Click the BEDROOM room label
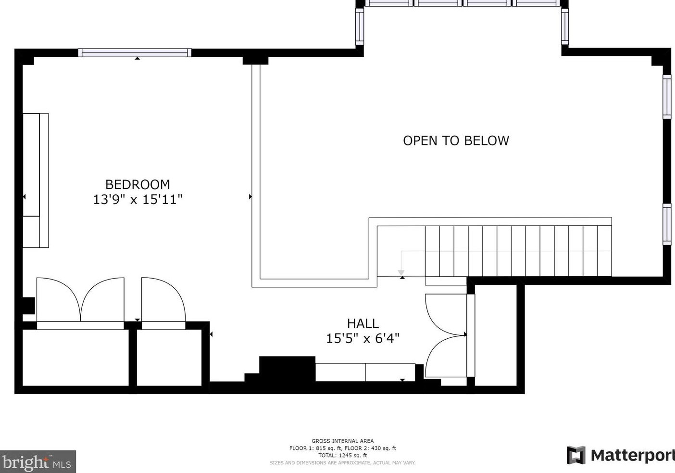tap(137, 184)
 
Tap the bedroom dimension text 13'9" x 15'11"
tap(137, 199)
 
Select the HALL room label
tap(362, 323)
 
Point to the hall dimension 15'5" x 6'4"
tap(362, 338)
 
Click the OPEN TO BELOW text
tap(456, 141)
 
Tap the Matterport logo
tap(620, 455)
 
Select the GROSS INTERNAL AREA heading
tap(342, 441)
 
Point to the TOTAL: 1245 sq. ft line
tap(342, 455)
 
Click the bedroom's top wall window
tap(135, 53)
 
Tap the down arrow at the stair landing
tap(401, 273)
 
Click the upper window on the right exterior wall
tap(667, 97)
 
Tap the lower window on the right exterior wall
tap(667, 224)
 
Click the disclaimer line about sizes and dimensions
tap(342, 463)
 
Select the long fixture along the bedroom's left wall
tap(36, 180)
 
